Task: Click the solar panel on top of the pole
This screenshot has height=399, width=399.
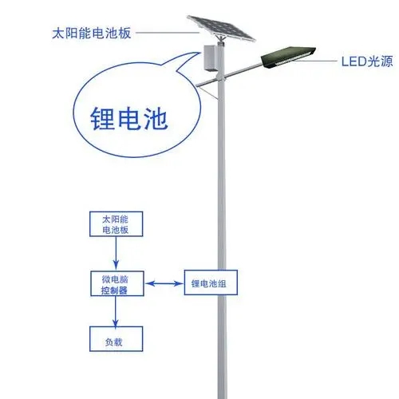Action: pyautogui.click(x=221, y=29)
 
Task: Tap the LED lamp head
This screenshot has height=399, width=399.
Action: pyautogui.click(x=288, y=57)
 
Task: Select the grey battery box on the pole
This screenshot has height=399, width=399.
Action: pyautogui.click(x=211, y=58)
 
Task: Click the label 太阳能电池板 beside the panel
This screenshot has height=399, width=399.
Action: pyautogui.click(x=92, y=34)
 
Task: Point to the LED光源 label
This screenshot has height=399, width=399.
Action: pyautogui.click(x=367, y=61)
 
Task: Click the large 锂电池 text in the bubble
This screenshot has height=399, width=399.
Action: pyautogui.click(x=129, y=119)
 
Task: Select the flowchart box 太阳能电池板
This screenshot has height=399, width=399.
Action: pyautogui.click(x=117, y=224)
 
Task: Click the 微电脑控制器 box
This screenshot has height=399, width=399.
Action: pyautogui.click(x=117, y=283)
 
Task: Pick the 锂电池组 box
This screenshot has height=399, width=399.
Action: pyautogui.click(x=211, y=282)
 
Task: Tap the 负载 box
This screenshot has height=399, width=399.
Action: pyautogui.click(x=117, y=339)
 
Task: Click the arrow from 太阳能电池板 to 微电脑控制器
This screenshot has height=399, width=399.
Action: pyautogui.click(x=116, y=254)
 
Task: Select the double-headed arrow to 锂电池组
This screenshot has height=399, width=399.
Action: pyautogui.click(x=164, y=283)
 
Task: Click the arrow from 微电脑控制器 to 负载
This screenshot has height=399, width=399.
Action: pyautogui.click(x=116, y=312)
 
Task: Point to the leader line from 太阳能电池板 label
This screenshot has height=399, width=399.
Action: pyautogui.click(x=168, y=33)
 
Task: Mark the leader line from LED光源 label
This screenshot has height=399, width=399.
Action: pyautogui.click(x=316, y=61)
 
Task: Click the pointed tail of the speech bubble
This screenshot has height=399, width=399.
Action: pyautogui.click(x=200, y=53)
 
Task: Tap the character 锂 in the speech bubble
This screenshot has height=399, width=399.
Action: pyautogui.click(x=102, y=119)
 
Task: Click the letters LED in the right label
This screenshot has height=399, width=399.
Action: pyautogui.click(x=354, y=61)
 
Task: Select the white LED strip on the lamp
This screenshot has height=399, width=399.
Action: pyautogui.click(x=294, y=58)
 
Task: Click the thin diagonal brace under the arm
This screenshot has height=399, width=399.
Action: pyautogui.click(x=209, y=93)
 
